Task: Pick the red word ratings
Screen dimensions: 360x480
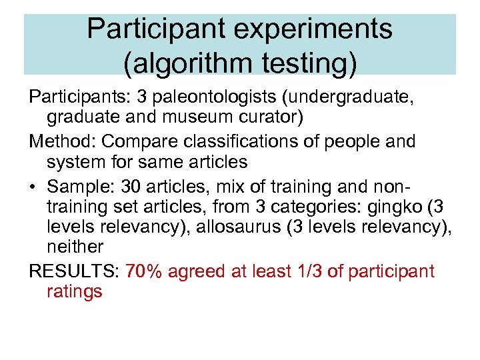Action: pyautogui.click(x=75, y=291)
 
